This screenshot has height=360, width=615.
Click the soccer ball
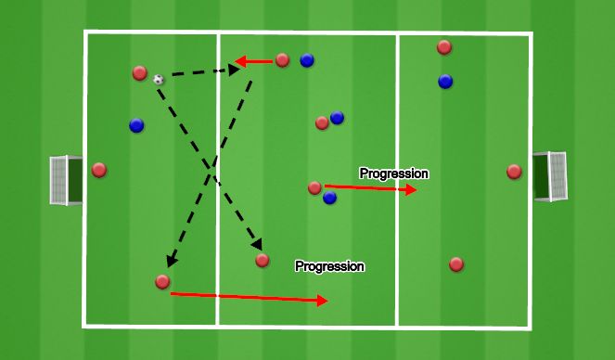tap(159, 80)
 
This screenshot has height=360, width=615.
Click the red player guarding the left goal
tap(99, 170)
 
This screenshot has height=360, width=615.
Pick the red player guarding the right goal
tap(514, 172)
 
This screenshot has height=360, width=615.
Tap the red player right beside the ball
tap(140, 72)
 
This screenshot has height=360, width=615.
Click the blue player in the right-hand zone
tap(445, 82)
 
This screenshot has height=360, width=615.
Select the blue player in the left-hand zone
tap(136, 125)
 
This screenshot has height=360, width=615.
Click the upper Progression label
tap(393, 173)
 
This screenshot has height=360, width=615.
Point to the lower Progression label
tap(329, 266)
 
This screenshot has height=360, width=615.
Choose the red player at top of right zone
tap(444, 47)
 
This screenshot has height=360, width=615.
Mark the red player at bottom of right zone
tap(455, 264)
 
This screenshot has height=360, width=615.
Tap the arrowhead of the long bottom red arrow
tap(323, 301)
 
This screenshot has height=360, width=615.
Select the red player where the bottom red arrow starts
tap(162, 281)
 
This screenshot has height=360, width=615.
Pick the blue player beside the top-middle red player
tap(306, 61)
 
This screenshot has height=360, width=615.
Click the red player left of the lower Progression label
tap(263, 261)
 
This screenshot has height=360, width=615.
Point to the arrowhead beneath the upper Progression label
tap(411, 190)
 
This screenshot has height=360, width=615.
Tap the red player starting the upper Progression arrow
tap(314, 187)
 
